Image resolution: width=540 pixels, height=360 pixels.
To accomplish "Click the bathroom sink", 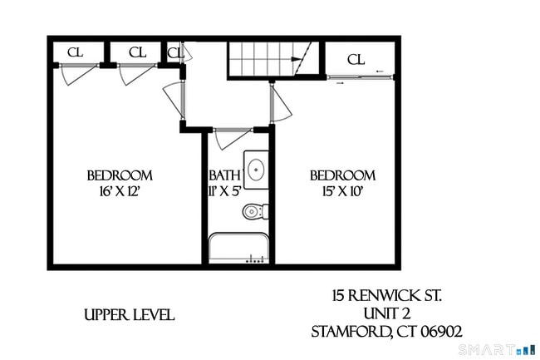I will tap(256, 169).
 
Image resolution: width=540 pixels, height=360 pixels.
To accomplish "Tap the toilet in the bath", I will tap(254, 212).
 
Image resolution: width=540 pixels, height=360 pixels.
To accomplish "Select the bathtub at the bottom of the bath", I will tap(238, 249).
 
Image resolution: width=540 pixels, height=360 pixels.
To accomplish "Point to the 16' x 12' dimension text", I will tap(120, 190).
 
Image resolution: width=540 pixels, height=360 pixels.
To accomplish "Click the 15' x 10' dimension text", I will tap(342, 190).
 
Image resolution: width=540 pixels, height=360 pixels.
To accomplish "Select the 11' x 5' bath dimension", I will tap(224, 190).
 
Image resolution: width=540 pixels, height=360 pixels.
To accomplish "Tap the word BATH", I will tap(224, 175).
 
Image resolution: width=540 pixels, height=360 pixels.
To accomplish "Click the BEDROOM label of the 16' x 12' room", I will tap(120, 175).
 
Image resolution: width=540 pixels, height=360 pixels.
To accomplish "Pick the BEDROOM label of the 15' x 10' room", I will tap(342, 175).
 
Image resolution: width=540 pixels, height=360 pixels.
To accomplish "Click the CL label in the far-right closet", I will tap(356, 59).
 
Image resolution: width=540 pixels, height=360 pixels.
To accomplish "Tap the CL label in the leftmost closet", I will tap(75, 52).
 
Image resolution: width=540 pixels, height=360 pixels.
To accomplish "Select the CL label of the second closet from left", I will tap(137, 52).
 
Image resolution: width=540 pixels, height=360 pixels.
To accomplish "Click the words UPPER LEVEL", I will tap(129, 315).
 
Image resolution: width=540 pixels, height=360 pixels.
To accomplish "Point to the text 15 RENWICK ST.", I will tap(386, 296).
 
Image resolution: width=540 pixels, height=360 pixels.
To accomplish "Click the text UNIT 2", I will tap(386, 313).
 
